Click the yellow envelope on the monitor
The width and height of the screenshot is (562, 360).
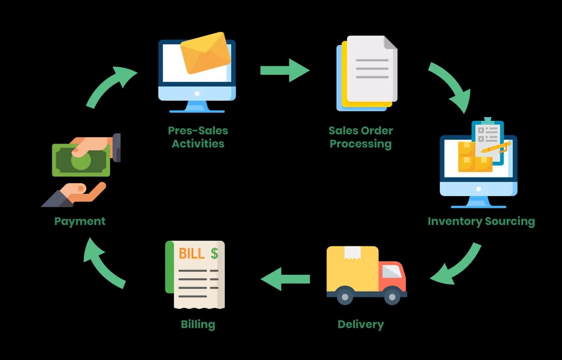point(206,53)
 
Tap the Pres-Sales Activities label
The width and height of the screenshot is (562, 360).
point(198,137)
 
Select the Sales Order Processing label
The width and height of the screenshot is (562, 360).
point(361,137)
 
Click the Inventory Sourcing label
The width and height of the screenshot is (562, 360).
point(481,221)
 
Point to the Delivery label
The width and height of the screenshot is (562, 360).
point(361,324)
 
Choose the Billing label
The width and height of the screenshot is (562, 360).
point(198,324)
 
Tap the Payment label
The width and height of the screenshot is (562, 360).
point(80,221)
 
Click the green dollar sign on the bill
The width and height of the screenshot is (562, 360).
point(214,253)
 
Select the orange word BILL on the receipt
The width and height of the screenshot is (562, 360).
point(192,253)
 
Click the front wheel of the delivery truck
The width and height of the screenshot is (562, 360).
point(392,297)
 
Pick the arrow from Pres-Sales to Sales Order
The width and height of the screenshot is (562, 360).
point(285,70)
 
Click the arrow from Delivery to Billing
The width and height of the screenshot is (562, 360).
point(285,279)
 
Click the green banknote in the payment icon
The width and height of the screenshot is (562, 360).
point(81,160)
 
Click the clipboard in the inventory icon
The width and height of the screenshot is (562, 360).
point(488,141)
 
